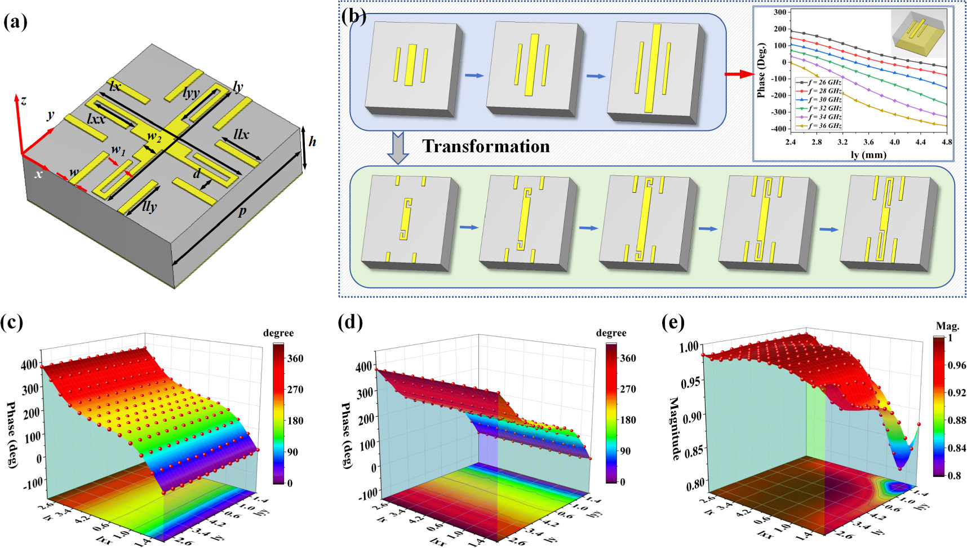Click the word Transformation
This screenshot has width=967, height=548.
pyautogui.click(x=486, y=146)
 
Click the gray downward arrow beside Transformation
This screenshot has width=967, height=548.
pyautogui.click(x=398, y=147)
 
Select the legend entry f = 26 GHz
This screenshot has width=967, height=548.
pyautogui.click(x=819, y=82)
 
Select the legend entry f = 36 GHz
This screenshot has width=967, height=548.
pyautogui.click(x=819, y=126)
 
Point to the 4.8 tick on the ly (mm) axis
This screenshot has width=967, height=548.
pyautogui.click(x=947, y=142)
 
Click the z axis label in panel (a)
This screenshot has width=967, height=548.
pyautogui.click(x=24, y=101)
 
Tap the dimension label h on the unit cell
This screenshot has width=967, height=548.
pyautogui.click(x=312, y=142)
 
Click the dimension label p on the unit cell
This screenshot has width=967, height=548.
pyautogui.click(x=242, y=212)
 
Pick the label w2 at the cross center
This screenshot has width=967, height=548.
pyautogui.click(x=154, y=136)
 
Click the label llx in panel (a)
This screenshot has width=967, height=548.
pyautogui.click(x=241, y=134)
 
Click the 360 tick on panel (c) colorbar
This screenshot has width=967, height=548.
pyautogui.click(x=295, y=358)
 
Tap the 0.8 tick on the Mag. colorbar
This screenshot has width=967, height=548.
pyautogui.click(x=954, y=475)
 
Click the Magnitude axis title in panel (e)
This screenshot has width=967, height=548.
pyautogui.click(x=674, y=428)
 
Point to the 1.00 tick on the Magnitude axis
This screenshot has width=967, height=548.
pyautogui.click(x=689, y=346)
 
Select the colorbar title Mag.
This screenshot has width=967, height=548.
pyautogui.click(x=947, y=326)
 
